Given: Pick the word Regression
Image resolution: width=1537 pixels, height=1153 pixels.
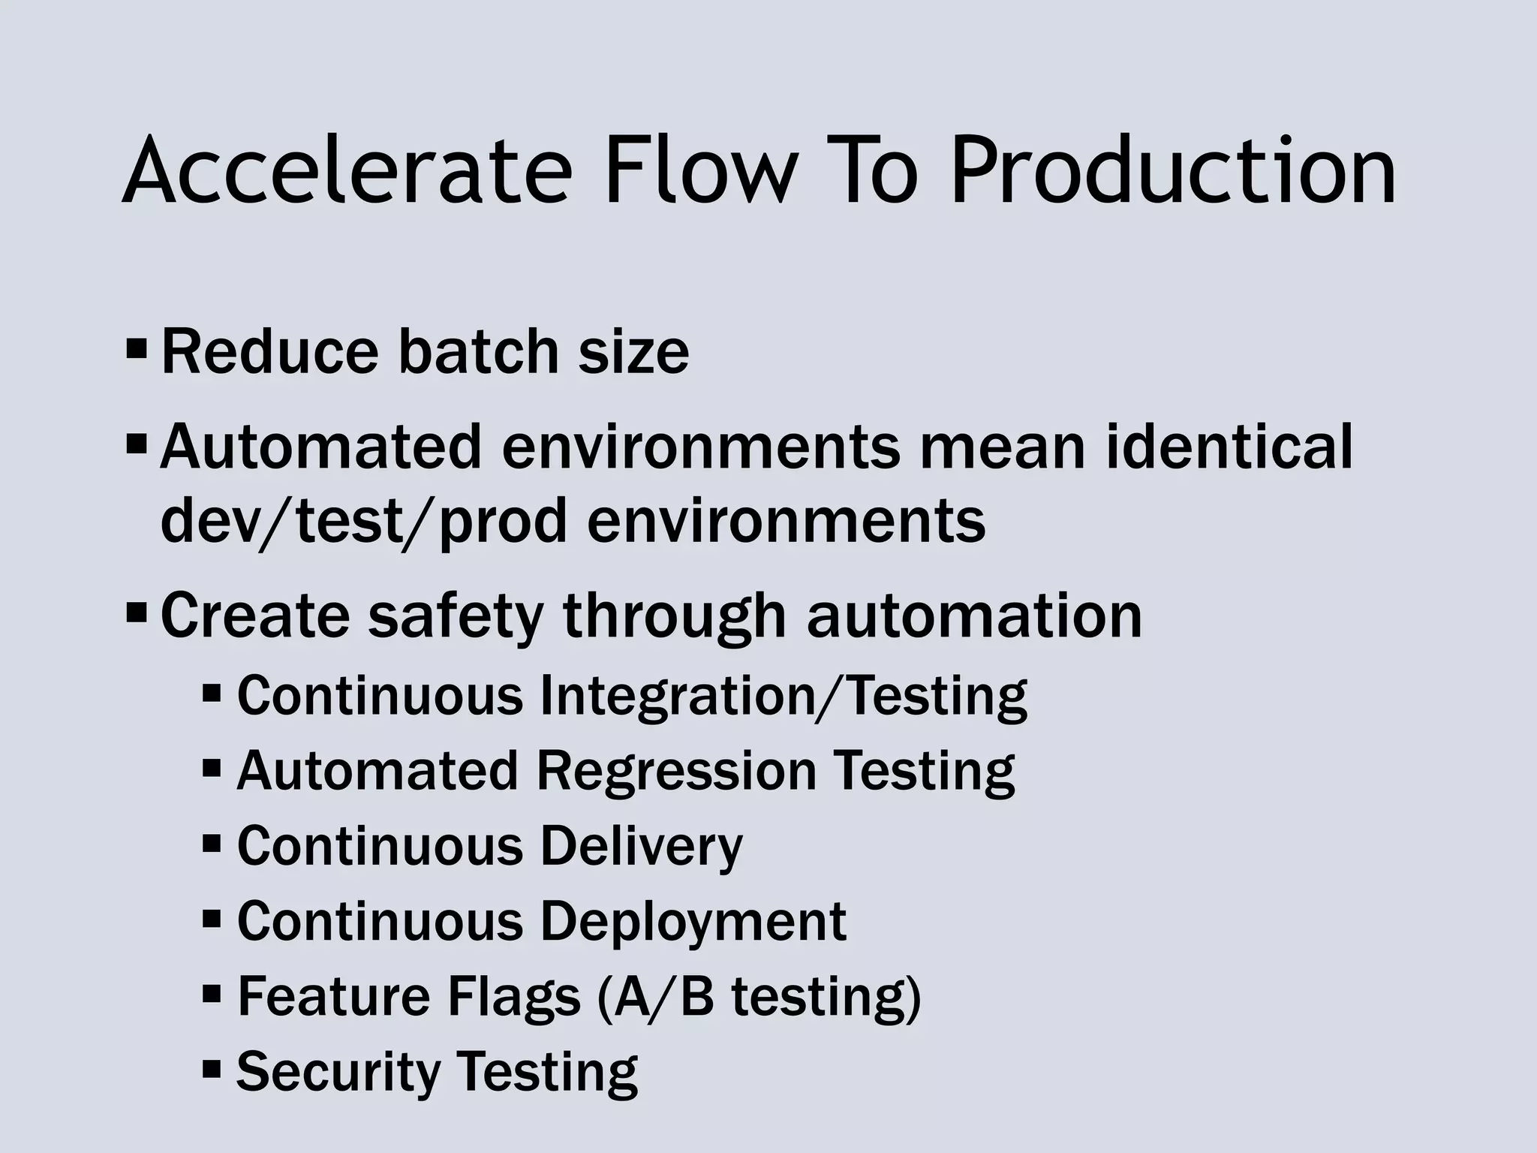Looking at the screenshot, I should click(x=676, y=772).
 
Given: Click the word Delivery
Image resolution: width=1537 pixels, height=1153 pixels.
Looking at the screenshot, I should click(x=641, y=847).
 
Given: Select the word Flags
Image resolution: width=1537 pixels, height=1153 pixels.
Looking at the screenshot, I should click(x=514, y=997).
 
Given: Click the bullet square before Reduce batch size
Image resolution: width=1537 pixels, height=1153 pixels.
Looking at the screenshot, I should click(x=137, y=349).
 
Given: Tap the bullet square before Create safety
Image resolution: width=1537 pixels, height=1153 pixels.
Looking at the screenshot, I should click(x=137, y=613).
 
